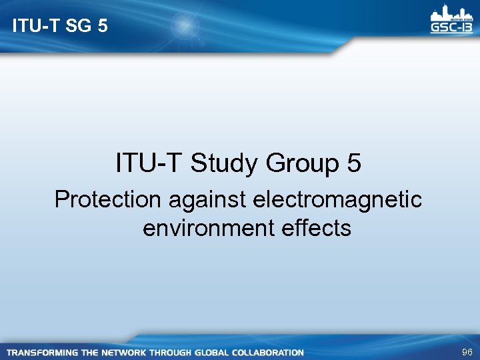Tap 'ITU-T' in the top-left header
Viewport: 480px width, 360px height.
coord(32,27)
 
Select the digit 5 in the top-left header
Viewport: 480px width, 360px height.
coord(101,27)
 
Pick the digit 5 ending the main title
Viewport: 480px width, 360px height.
coord(354,163)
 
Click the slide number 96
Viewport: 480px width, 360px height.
coord(466,351)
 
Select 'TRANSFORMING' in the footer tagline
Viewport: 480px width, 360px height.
coord(42,352)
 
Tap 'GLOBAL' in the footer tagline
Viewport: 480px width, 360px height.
coord(212,352)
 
